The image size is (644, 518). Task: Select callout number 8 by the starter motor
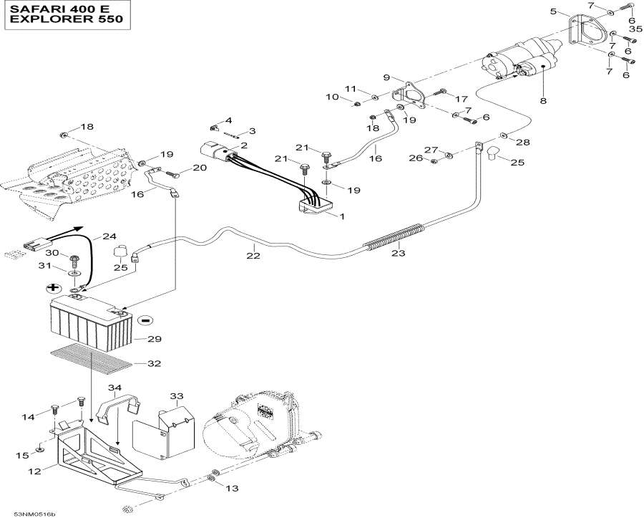[x=543, y=101]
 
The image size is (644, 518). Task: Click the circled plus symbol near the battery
[x=52, y=288]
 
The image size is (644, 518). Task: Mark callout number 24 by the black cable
[x=109, y=236]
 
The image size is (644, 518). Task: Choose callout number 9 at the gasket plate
[x=386, y=77]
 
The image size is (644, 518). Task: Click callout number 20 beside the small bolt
[x=199, y=168]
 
